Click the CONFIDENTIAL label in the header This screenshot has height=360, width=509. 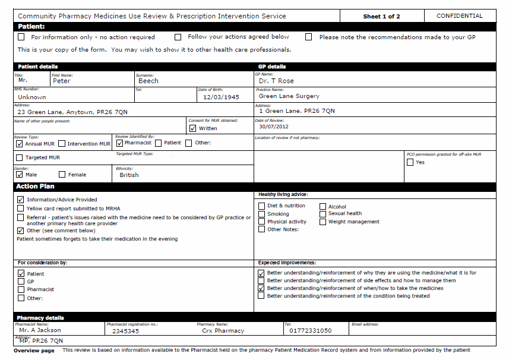click(x=459, y=16)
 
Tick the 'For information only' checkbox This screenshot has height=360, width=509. click(x=21, y=37)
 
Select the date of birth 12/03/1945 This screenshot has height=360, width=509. click(x=221, y=97)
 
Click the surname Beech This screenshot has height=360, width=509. click(x=148, y=81)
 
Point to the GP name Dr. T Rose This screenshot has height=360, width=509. click(x=276, y=81)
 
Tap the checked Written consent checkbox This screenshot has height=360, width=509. click(x=192, y=128)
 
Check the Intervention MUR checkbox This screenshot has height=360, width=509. click(x=62, y=144)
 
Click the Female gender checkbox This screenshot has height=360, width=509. click(x=62, y=175)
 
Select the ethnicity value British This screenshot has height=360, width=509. click(x=129, y=175)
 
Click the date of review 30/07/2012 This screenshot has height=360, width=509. click(x=273, y=127)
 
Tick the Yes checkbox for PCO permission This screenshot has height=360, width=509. click(x=410, y=162)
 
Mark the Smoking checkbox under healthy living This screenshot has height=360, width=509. click(x=262, y=214)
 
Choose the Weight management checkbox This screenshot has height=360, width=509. click(x=323, y=222)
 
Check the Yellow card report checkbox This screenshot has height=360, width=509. click(x=21, y=209)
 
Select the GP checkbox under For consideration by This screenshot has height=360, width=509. click(x=21, y=282)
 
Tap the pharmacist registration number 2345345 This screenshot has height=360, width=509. click(x=125, y=331)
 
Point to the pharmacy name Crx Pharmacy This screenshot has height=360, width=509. click(x=223, y=331)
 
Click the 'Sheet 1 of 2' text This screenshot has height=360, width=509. click(x=381, y=17)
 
